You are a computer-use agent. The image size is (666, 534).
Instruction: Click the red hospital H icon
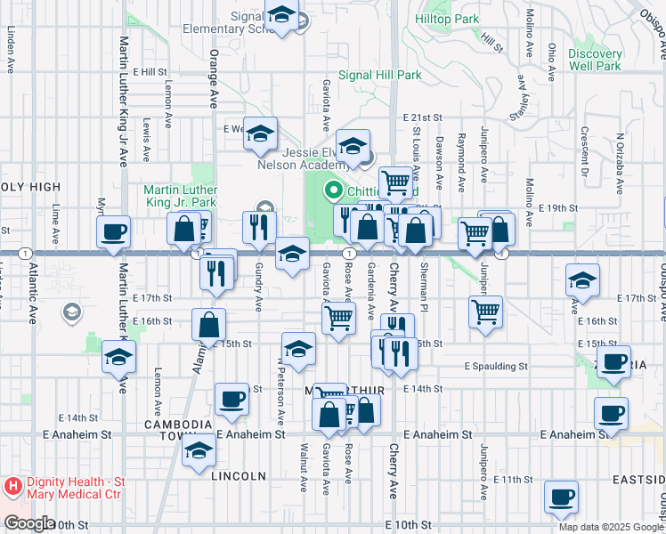[12, 487]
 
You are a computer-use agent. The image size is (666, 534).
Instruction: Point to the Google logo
[28, 523]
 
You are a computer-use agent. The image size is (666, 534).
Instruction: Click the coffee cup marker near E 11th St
[561, 498]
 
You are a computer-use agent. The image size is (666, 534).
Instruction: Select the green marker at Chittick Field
[335, 190]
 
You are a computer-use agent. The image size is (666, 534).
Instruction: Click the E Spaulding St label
[496, 366]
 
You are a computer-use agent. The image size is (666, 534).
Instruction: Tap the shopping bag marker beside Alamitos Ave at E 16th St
[207, 325]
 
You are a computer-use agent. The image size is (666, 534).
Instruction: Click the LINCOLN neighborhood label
[240, 476]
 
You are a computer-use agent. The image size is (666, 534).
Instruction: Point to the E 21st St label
[422, 117]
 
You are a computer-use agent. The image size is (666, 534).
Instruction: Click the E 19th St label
[559, 207]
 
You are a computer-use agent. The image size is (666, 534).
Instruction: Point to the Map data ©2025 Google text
[610, 527]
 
